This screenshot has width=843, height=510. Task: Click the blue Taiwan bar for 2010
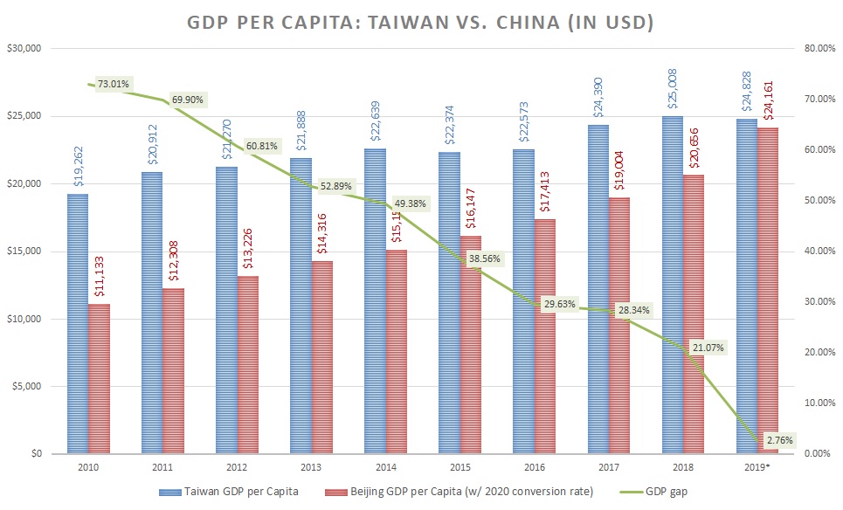point(78,323)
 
